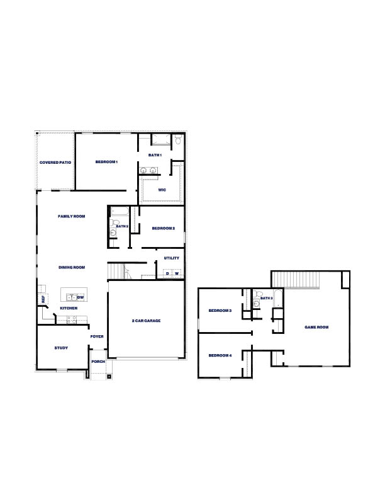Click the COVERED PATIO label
pyautogui.click(x=55, y=163)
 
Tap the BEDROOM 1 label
pyautogui.click(x=106, y=162)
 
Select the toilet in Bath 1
pyautogui.click(x=178, y=141)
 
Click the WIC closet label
pyautogui.click(x=162, y=190)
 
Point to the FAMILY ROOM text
pyautogui.click(x=71, y=216)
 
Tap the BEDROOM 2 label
pyautogui.click(x=162, y=228)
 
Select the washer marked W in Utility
pyautogui.click(x=177, y=273)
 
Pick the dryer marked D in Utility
pyautogui.click(x=167, y=273)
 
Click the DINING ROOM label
pyautogui.click(x=72, y=267)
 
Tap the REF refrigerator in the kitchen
pyautogui.click(x=43, y=299)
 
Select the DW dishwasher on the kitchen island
pyautogui.click(x=81, y=297)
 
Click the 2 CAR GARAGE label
pyautogui.click(x=146, y=321)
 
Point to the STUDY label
pyautogui.click(x=61, y=347)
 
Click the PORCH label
pyautogui.click(x=98, y=362)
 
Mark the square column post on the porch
pyautogui.click(x=109, y=377)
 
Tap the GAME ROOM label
pyautogui.click(x=316, y=327)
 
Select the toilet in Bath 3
pyautogui.click(x=257, y=304)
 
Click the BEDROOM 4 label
pyautogui.click(x=220, y=356)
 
